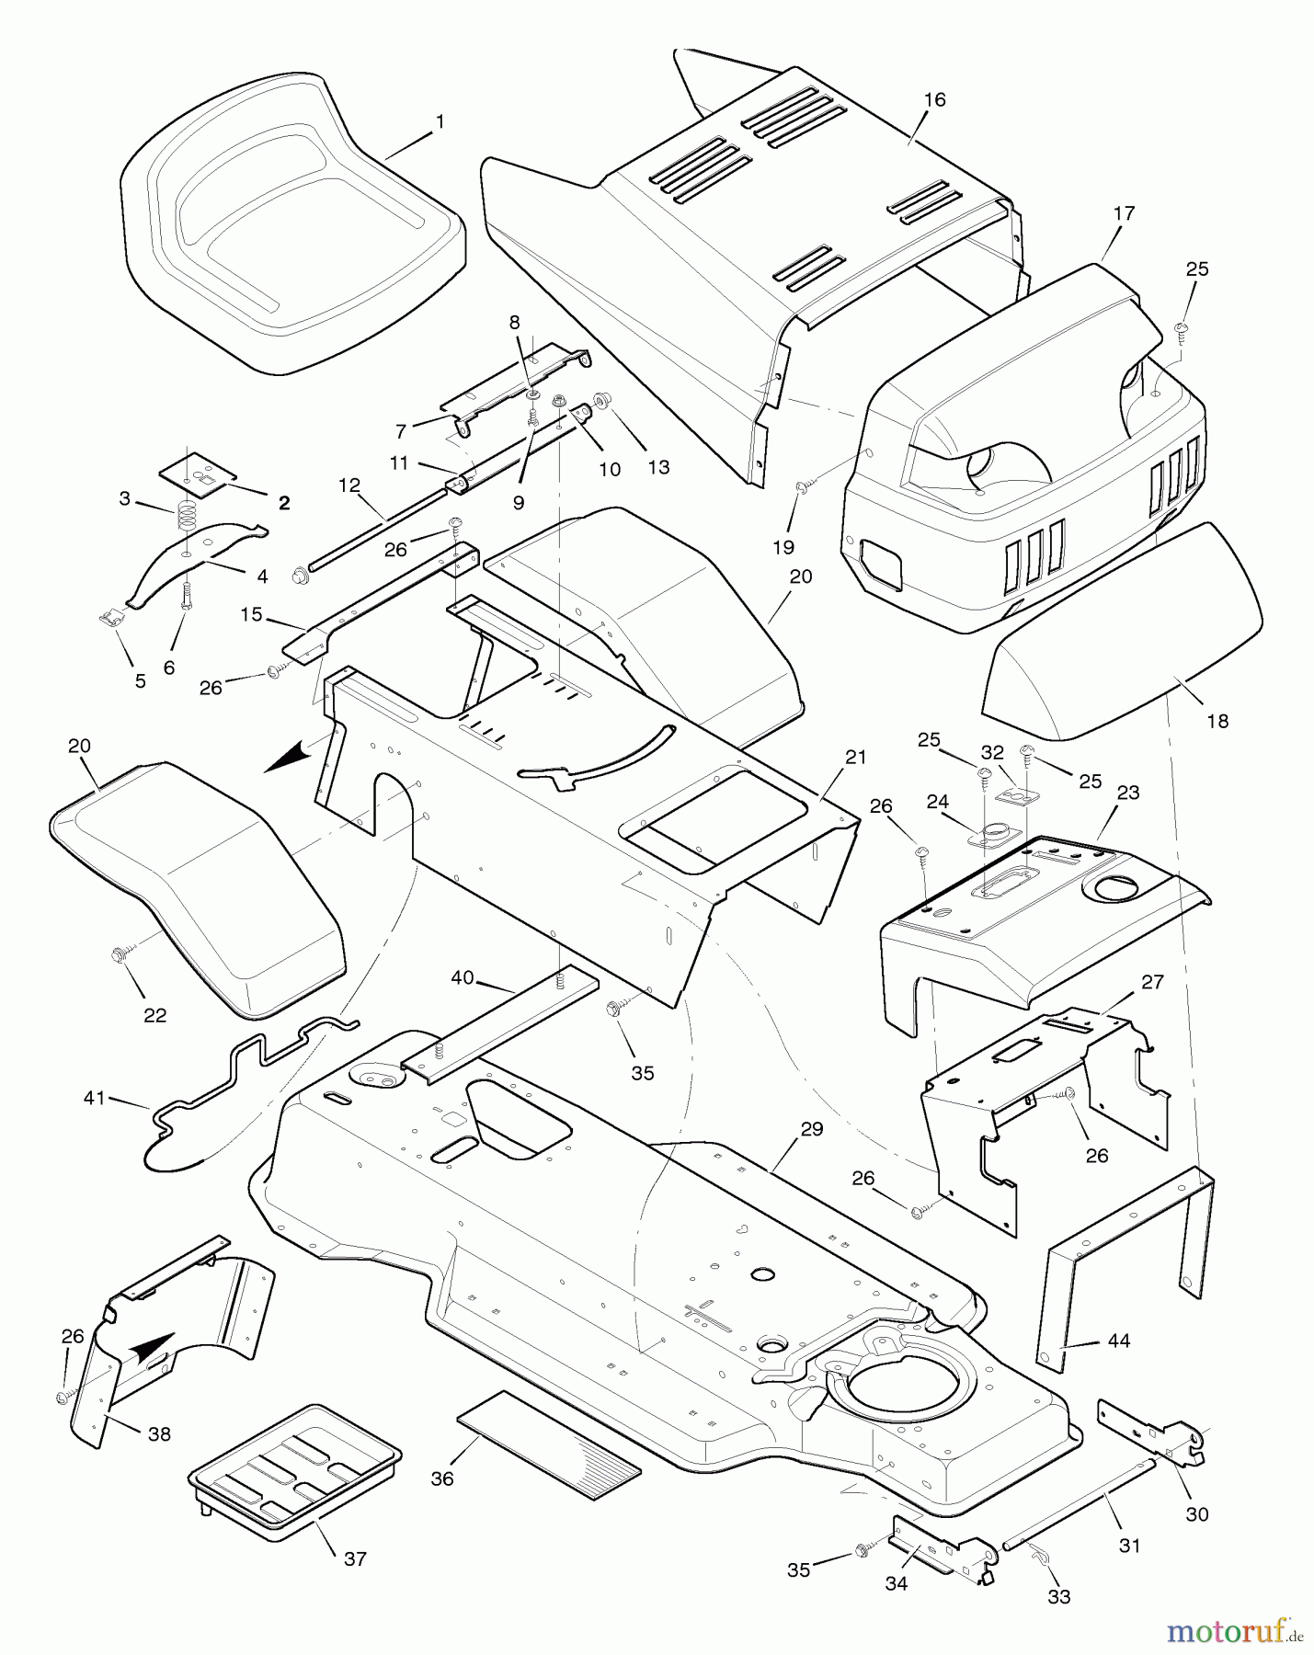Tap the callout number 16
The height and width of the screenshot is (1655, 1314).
(x=934, y=99)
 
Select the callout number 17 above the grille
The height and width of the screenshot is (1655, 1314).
(x=1124, y=213)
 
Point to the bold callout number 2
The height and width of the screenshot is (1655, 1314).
(x=284, y=503)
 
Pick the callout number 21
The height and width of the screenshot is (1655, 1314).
(x=856, y=757)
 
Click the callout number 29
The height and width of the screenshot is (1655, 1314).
(x=811, y=1129)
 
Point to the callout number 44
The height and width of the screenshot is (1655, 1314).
(x=1118, y=1341)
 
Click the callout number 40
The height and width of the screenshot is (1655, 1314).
(x=463, y=977)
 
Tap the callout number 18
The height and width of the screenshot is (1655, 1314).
(x=1217, y=722)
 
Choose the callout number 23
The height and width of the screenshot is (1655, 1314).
(x=1128, y=793)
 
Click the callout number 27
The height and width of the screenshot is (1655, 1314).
(x=1152, y=982)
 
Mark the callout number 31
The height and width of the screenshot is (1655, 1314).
(x=1129, y=1547)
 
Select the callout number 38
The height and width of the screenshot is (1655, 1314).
(x=159, y=1433)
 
